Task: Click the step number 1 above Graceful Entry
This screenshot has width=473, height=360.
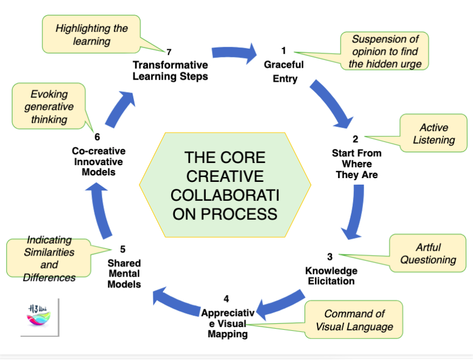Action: pos(283,53)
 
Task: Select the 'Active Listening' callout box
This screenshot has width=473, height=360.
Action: pos(433,134)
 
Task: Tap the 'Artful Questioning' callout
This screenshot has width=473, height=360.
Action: pos(428,253)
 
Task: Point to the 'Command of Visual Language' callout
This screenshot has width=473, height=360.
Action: pos(354,320)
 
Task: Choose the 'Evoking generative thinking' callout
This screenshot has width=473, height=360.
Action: pos(49,107)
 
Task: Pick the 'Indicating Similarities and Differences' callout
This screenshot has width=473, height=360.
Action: pos(49,259)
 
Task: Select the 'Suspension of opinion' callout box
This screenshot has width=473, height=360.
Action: pos(384,51)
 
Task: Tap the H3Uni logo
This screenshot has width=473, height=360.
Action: pos(39,316)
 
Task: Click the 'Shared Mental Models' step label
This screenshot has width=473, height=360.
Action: pos(124,274)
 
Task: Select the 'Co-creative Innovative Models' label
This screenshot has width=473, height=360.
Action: pos(98,161)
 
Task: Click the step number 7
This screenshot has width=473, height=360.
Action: pos(169,52)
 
